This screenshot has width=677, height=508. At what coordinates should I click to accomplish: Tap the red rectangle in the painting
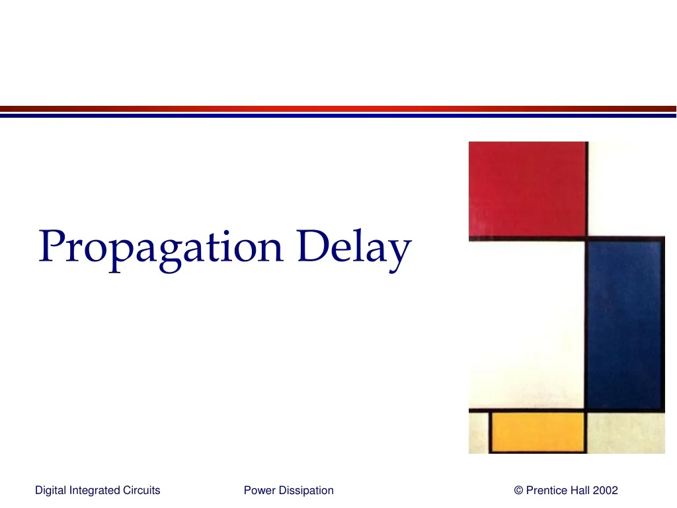coord(527,189)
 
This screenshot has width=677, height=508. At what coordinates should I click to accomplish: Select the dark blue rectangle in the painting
coord(625,324)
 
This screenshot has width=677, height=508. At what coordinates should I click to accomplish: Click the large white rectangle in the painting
coord(526,324)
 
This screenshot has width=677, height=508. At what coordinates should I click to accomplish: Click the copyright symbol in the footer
coord(518,490)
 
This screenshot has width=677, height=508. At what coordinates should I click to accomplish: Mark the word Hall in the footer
coord(580,490)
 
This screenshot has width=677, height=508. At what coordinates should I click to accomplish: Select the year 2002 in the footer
coord(606,490)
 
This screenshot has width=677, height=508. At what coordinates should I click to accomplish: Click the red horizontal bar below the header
coord(338,108)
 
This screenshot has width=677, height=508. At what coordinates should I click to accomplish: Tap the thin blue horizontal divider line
coord(338,116)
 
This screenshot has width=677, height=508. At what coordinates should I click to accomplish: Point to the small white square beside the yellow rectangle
coord(625,433)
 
